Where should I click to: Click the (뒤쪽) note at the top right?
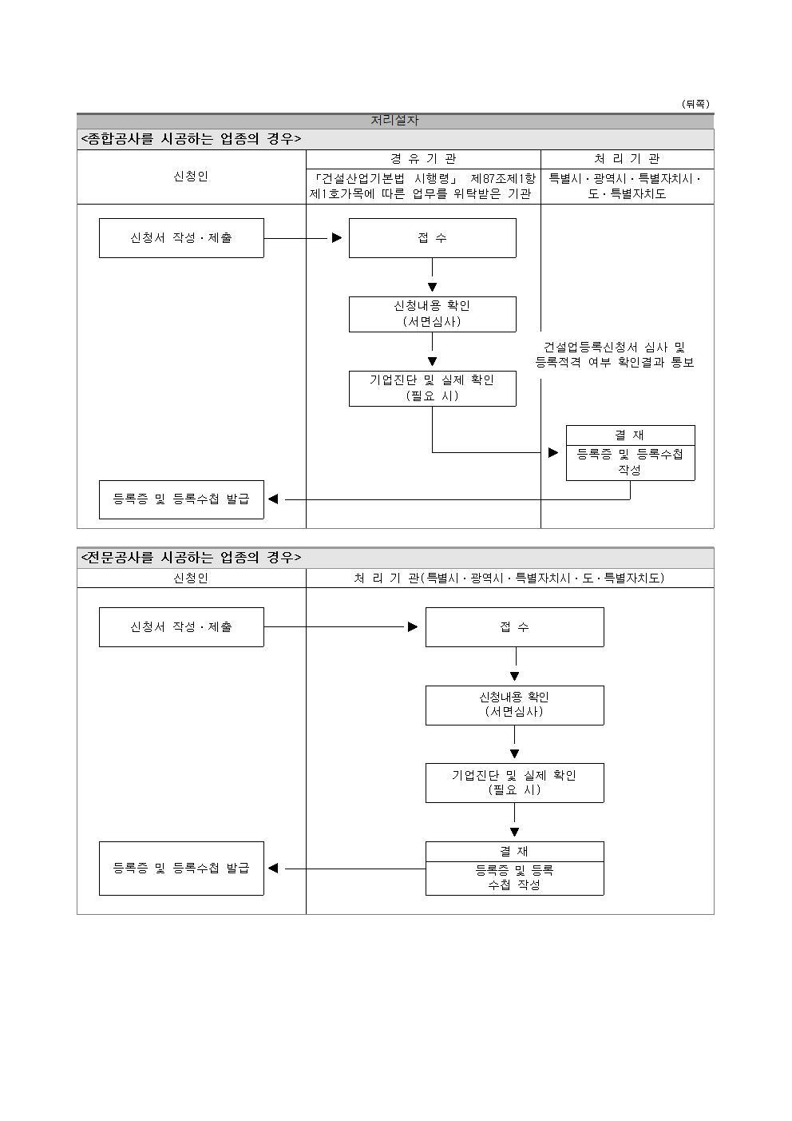pos(695,104)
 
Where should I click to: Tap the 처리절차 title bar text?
pos(394,121)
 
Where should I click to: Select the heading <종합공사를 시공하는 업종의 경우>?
pos(191,139)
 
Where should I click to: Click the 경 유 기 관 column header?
pos(423,159)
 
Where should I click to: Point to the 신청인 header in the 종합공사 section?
pos(191,177)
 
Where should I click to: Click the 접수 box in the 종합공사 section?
pos(432,238)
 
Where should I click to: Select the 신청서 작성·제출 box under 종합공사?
pos(181,238)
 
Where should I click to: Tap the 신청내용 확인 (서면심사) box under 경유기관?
pos(432,314)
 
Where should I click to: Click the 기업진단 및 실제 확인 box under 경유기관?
pos(432,388)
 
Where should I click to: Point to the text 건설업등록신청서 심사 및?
pos(614,348)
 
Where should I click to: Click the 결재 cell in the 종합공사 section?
pos(630,435)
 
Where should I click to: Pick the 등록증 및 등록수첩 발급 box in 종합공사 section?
pos(181,499)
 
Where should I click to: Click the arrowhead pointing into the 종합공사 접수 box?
pos(337,238)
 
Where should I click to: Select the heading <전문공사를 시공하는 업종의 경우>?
pos(191,558)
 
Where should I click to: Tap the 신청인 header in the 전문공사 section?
pos(191,578)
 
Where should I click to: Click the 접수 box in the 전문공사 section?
pos(514,627)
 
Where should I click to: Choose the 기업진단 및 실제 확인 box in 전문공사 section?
pos(514,782)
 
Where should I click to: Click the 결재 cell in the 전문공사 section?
pos(514,852)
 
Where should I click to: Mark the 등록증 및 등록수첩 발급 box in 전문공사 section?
pos(181,868)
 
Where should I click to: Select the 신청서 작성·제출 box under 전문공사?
pos(181,627)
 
